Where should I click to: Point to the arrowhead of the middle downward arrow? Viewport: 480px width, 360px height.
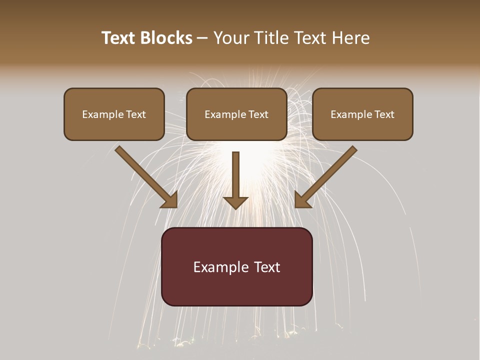point(235,202)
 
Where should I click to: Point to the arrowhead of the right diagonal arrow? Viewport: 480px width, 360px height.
point(301,201)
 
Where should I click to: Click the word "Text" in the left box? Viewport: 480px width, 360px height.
point(135,114)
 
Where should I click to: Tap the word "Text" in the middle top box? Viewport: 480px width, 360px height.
point(258,114)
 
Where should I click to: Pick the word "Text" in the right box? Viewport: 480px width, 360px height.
point(384,114)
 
